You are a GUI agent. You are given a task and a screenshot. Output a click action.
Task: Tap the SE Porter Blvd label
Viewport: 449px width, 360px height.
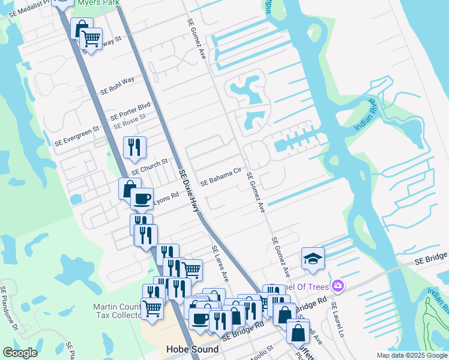[130, 112]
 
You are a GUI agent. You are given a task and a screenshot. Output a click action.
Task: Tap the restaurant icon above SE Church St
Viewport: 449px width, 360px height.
[134, 146]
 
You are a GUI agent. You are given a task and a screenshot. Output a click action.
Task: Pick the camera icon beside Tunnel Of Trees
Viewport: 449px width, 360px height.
[339, 285]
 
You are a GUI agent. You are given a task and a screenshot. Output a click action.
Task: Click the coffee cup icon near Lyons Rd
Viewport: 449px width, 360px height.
[142, 198]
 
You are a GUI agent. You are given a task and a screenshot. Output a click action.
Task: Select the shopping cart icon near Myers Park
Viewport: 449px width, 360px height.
[91, 38]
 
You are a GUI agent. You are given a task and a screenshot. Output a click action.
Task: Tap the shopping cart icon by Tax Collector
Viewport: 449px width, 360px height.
[152, 308]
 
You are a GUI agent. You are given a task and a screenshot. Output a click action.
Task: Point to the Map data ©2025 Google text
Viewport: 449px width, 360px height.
[412, 355]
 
